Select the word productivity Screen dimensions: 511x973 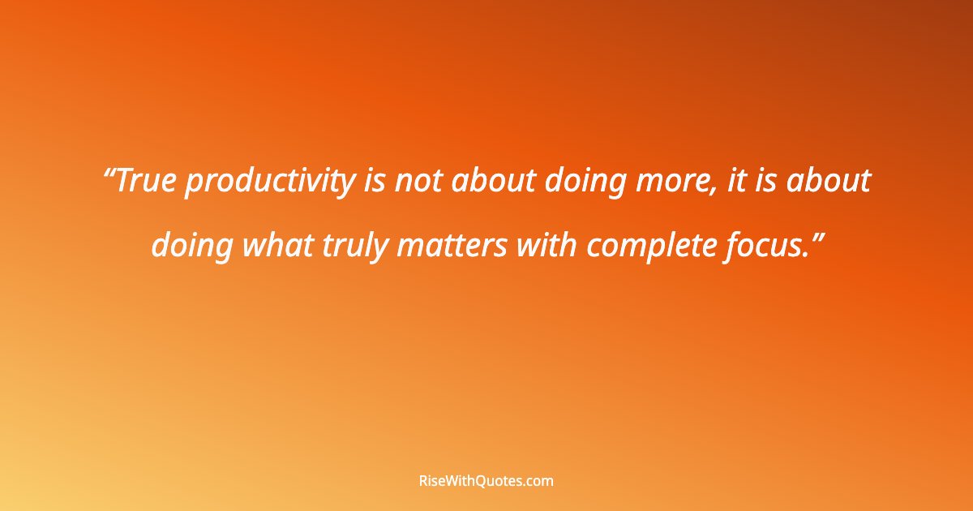click(x=270, y=183)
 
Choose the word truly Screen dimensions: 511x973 click(x=359, y=247)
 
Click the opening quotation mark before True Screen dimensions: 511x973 click(x=111, y=174)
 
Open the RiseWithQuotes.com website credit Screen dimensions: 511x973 click(x=486, y=481)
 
